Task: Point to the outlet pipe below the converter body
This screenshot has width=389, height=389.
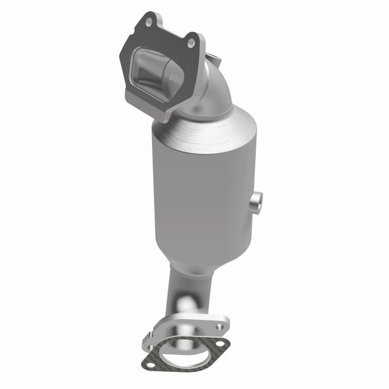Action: point(181,292)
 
